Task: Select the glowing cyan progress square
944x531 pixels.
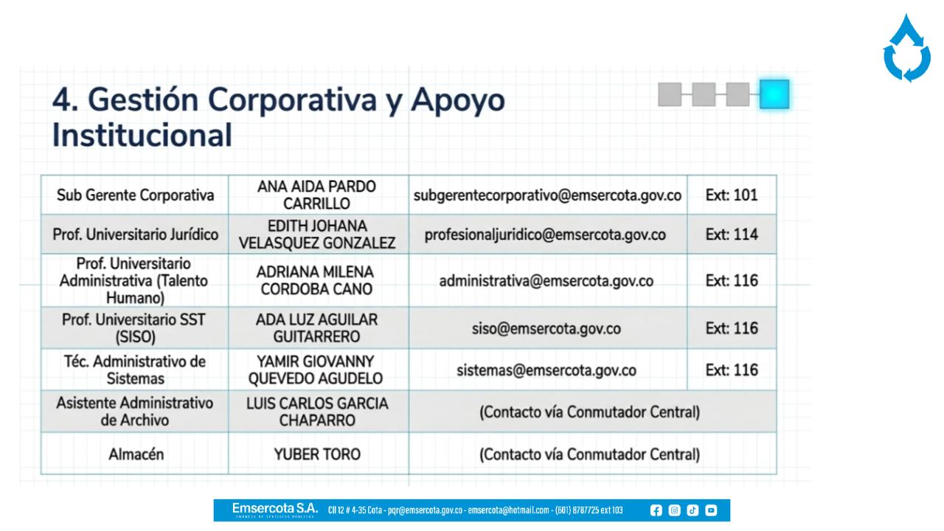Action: (x=774, y=94)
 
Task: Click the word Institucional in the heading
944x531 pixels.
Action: (x=142, y=135)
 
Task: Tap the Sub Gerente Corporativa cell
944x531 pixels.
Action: (x=135, y=195)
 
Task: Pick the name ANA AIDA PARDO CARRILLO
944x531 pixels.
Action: (x=316, y=195)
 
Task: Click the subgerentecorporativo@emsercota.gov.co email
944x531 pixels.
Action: (x=547, y=195)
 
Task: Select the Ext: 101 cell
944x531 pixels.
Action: (x=732, y=195)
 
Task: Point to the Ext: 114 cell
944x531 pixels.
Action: (x=732, y=235)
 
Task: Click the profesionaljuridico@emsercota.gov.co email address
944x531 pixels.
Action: (x=545, y=235)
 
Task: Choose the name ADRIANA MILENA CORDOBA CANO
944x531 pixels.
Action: (x=315, y=281)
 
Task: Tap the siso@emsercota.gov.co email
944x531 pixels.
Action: (x=546, y=329)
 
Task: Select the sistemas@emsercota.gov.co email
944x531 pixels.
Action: (x=546, y=370)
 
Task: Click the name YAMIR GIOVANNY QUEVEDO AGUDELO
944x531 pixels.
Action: (x=316, y=370)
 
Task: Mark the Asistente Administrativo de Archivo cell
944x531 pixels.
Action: (x=135, y=412)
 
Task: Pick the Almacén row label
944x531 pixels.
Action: (x=136, y=454)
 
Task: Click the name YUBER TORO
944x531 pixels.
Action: (x=317, y=454)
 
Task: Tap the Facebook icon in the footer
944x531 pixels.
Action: (x=656, y=510)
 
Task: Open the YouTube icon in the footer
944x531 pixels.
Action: (x=711, y=510)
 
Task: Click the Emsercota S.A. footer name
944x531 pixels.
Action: (x=275, y=508)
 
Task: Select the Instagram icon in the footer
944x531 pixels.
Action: (x=674, y=510)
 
